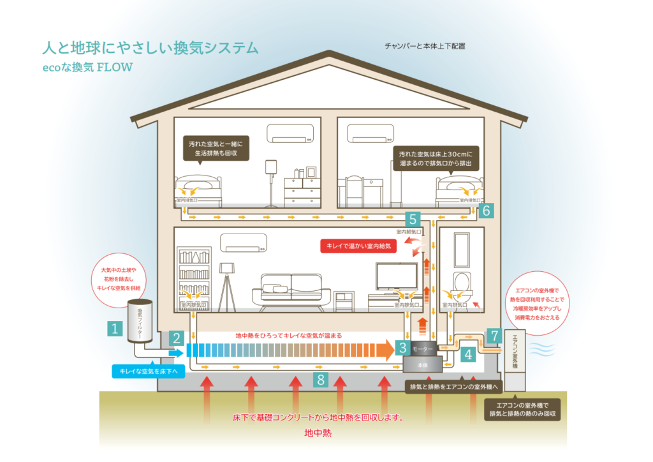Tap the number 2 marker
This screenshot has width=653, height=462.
(x=178, y=338)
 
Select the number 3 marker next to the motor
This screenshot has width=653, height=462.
(x=403, y=348)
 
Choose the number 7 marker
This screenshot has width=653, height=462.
(x=493, y=335)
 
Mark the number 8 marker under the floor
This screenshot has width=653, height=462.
(x=321, y=380)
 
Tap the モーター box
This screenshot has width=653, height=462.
(x=423, y=349)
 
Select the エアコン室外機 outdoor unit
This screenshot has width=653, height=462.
(x=515, y=361)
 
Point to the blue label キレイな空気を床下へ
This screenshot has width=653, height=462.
(x=148, y=371)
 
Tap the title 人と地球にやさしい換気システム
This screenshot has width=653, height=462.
(x=150, y=48)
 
